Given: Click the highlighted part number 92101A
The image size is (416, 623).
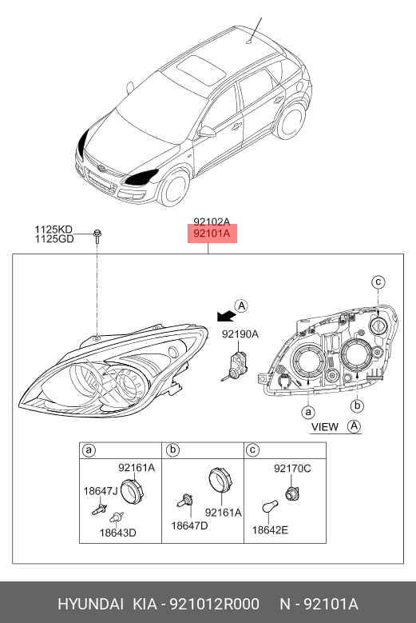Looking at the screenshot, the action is tap(212, 234).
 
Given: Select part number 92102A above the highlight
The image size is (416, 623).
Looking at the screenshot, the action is tap(212, 222).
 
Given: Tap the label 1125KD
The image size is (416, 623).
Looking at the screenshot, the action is tap(53, 230).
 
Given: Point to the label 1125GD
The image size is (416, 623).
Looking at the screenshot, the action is tap(54, 239).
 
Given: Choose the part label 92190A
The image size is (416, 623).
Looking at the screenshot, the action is tap(240, 334).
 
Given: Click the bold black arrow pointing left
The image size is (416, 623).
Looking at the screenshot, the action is tap(227, 316).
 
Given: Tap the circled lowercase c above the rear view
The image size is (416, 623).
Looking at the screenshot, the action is tap(378, 282).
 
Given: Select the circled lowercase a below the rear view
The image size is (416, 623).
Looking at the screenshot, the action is tap(308, 413).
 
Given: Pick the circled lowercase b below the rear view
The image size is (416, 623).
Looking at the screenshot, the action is tap(357, 405).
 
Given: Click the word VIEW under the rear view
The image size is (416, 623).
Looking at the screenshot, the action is tap(325, 427).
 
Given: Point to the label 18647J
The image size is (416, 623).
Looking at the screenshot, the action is tap(101, 492).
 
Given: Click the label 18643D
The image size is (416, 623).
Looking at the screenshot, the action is tap(118, 533).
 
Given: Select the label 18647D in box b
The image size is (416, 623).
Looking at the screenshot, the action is tap(189, 525).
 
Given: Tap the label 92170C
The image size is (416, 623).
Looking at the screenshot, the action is tap(292, 469).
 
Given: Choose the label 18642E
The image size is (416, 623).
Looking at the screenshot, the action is tap(270, 530).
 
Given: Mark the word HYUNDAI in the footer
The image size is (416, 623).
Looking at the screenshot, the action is tap(90, 605).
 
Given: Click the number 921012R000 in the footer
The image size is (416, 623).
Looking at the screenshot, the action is tap(215, 605).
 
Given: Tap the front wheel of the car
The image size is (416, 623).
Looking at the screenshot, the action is tap(174, 188).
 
